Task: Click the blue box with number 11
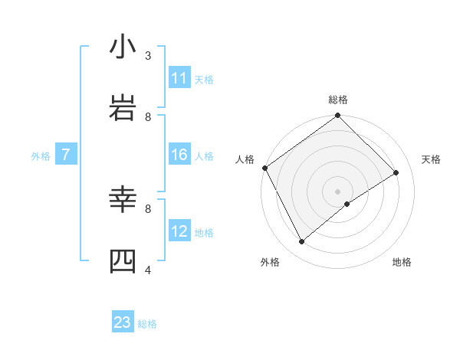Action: pyautogui.click(x=179, y=78)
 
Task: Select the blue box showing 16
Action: pyautogui.click(x=179, y=155)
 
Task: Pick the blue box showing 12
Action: pyautogui.click(x=179, y=231)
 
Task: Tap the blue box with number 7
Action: pyautogui.click(x=66, y=155)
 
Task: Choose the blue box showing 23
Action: pyautogui.click(x=123, y=322)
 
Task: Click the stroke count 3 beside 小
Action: pyautogui.click(x=148, y=55)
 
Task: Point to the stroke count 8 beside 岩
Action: pyautogui.click(x=148, y=116)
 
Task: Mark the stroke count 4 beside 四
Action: pyautogui.click(x=148, y=270)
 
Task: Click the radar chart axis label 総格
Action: pyautogui.click(x=338, y=100)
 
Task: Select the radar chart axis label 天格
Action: pyautogui.click(x=432, y=159)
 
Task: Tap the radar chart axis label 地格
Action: pyautogui.click(x=402, y=262)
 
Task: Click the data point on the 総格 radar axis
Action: pyautogui.click(x=338, y=116)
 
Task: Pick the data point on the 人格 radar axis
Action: pyautogui.click(x=264, y=168)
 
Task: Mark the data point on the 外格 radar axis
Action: pyautogui.click(x=301, y=242)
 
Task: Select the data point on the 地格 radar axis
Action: pyautogui.click(x=347, y=204)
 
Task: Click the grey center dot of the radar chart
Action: pyautogui.click(x=338, y=191)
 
